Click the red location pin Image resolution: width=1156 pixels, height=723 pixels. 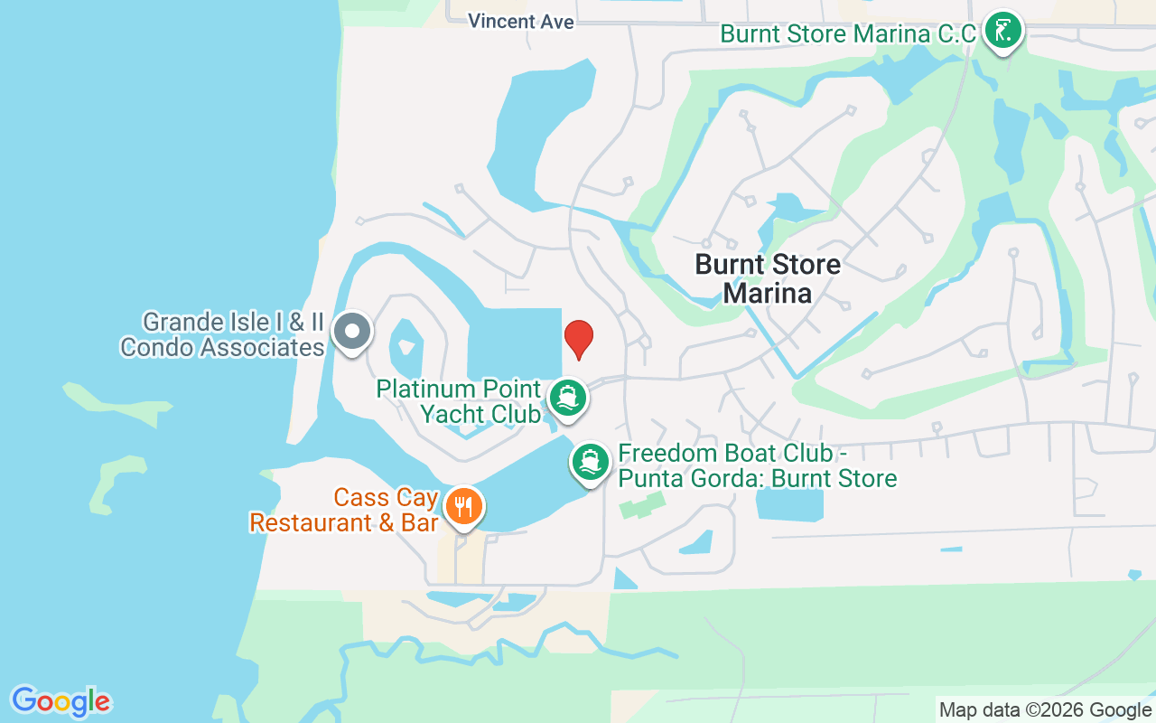579,339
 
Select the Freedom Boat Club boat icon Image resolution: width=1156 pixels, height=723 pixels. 591,462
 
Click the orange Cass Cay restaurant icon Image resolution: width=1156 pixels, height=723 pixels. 464,507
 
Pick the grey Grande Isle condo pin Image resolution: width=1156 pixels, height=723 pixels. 351,332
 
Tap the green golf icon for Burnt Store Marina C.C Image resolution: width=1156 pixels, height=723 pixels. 1002,31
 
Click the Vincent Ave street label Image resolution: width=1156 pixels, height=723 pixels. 521,21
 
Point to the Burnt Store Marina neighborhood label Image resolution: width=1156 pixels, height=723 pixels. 768,278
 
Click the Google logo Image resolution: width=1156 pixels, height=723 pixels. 61,700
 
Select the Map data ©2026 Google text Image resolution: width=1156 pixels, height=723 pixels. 1045,709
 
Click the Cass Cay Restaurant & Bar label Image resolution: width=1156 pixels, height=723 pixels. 344,510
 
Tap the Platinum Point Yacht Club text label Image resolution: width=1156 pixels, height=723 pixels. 459,401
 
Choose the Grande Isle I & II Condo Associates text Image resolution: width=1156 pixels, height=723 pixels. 222,334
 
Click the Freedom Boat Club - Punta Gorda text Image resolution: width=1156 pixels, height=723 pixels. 757,465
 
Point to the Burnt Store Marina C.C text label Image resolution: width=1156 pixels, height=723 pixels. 848,34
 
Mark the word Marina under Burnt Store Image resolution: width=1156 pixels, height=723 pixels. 768,293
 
